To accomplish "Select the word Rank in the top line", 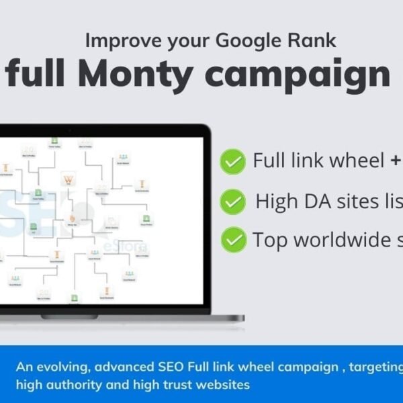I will (314, 41).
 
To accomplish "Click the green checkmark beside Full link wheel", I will (233, 161).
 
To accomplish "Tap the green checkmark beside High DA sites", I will (233, 200).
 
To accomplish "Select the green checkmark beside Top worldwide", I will (233, 238).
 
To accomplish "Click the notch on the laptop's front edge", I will (70, 316).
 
